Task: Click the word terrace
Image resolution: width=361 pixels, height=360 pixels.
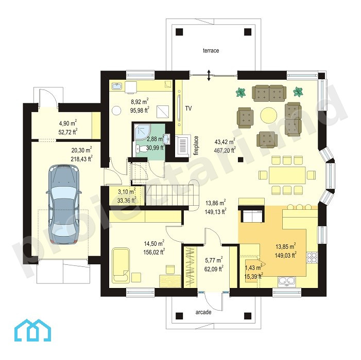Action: click(211, 50)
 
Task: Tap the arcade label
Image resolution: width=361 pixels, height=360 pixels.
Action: click(203, 312)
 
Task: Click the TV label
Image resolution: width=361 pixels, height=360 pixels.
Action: click(188, 109)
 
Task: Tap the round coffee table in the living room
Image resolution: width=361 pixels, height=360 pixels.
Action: click(269, 115)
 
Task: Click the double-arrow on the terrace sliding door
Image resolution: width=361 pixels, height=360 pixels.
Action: click(209, 75)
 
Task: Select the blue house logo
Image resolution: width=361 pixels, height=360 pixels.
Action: click(32, 330)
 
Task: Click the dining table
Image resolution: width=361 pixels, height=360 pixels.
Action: click(287, 175)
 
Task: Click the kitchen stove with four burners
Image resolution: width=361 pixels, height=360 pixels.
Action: click(312, 258)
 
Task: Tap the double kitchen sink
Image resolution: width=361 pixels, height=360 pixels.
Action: click(287, 281)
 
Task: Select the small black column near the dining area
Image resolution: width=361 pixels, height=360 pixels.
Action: click(240, 159)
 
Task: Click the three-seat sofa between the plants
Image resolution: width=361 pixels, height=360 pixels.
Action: click(269, 93)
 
